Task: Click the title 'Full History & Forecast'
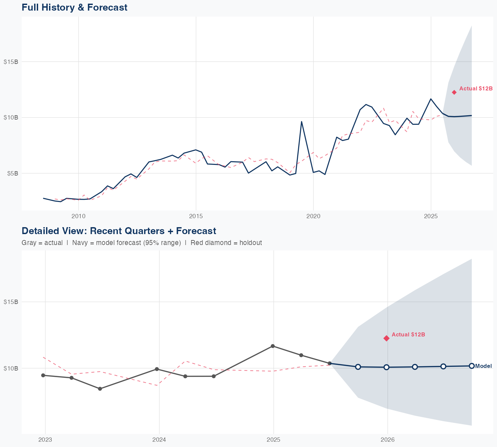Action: [x=74, y=7]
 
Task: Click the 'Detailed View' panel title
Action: [x=119, y=231]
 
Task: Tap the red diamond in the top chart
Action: [x=454, y=92]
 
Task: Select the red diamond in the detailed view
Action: [x=386, y=338]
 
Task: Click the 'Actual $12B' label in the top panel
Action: [x=476, y=89]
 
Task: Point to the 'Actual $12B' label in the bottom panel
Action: [x=408, y=335]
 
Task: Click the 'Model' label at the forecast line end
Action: [x=483, y=366]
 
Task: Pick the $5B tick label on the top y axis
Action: [x=11, y=173]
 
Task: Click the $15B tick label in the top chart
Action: [x=11, y=62]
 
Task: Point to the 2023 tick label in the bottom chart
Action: [x=45, y=440]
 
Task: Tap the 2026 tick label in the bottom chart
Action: [x=388, y=440]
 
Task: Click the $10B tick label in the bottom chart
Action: [x=11, y=368]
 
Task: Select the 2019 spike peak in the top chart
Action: [x=302, y=122]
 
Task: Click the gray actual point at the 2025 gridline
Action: [x=273, y=346]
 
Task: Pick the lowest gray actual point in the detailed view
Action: [x=100, y=389]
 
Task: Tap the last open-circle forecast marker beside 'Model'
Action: [x=471, y=366]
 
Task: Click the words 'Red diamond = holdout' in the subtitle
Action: [x=226, y=243]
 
